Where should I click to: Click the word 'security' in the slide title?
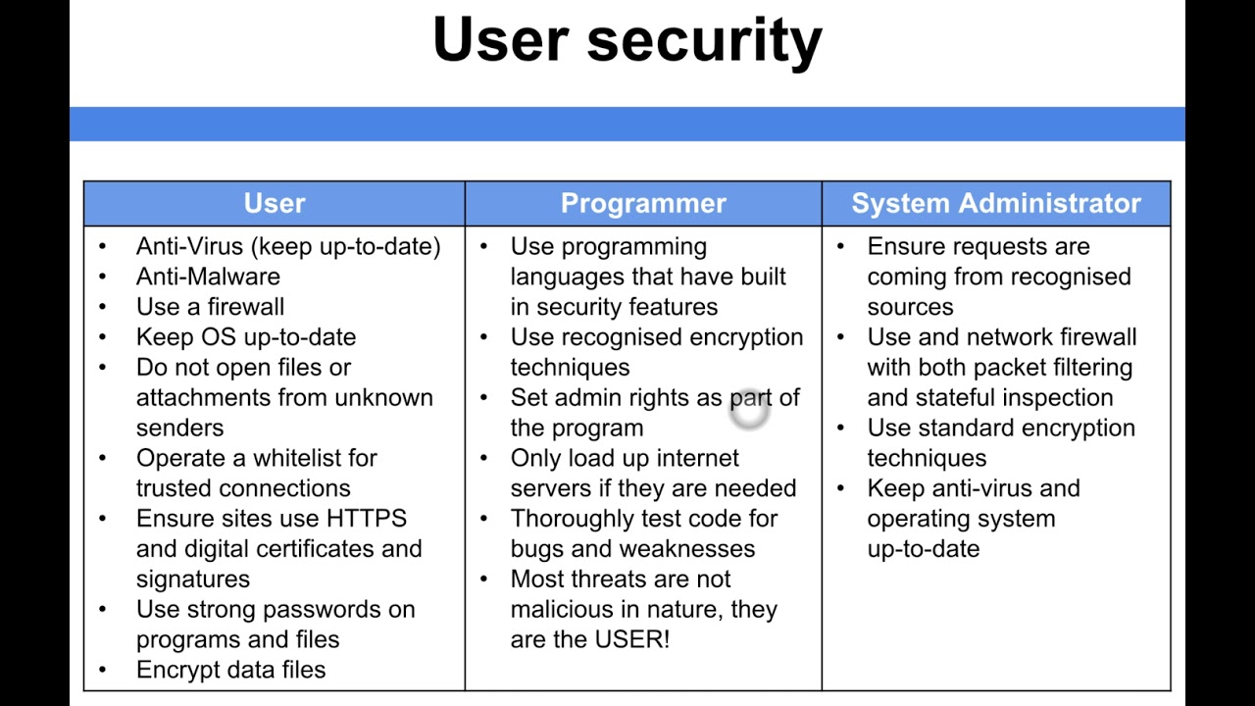click(704, 41)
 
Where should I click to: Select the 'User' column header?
click(275, 203)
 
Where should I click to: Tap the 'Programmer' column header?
click(643, 203)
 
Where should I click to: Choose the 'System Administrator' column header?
click(996, 203)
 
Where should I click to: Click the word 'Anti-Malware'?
click(208, 277)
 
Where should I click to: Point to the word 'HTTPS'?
click(367, 518)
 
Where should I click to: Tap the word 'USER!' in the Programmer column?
click(632, 639)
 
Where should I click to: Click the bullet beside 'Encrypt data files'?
click(103, 670)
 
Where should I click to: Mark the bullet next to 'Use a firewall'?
click(103, 307)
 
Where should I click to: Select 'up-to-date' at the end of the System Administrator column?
click(924, 548)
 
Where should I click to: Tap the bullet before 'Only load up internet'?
click(483, 458)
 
